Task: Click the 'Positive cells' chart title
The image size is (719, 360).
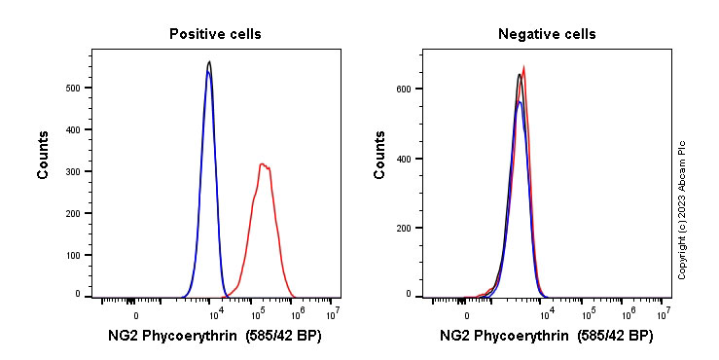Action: pyautogui.click(x=215, y=34)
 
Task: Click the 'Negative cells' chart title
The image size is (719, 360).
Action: pyautogui.click(x=547, y=34)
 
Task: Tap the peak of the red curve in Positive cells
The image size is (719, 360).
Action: pyautogui.click(x=263, y=164)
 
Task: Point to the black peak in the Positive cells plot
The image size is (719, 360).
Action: pyautogui.click(x=209, y=62)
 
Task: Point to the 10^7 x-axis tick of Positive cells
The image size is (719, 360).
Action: pyautogui.click(x=332, y=313)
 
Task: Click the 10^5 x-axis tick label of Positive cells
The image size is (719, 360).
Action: pyautogui.click(x=258, y=313)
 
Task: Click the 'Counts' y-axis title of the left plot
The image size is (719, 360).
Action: pyautogui.click(x=44, y=156)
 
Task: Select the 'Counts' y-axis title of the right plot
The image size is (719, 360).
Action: pyautogui.click(x=379, y=156)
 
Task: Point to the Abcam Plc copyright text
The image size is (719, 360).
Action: pyautogui.click(x=682, y=209)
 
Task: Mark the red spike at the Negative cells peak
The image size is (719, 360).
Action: pyautogui.click(x=524, y=68)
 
